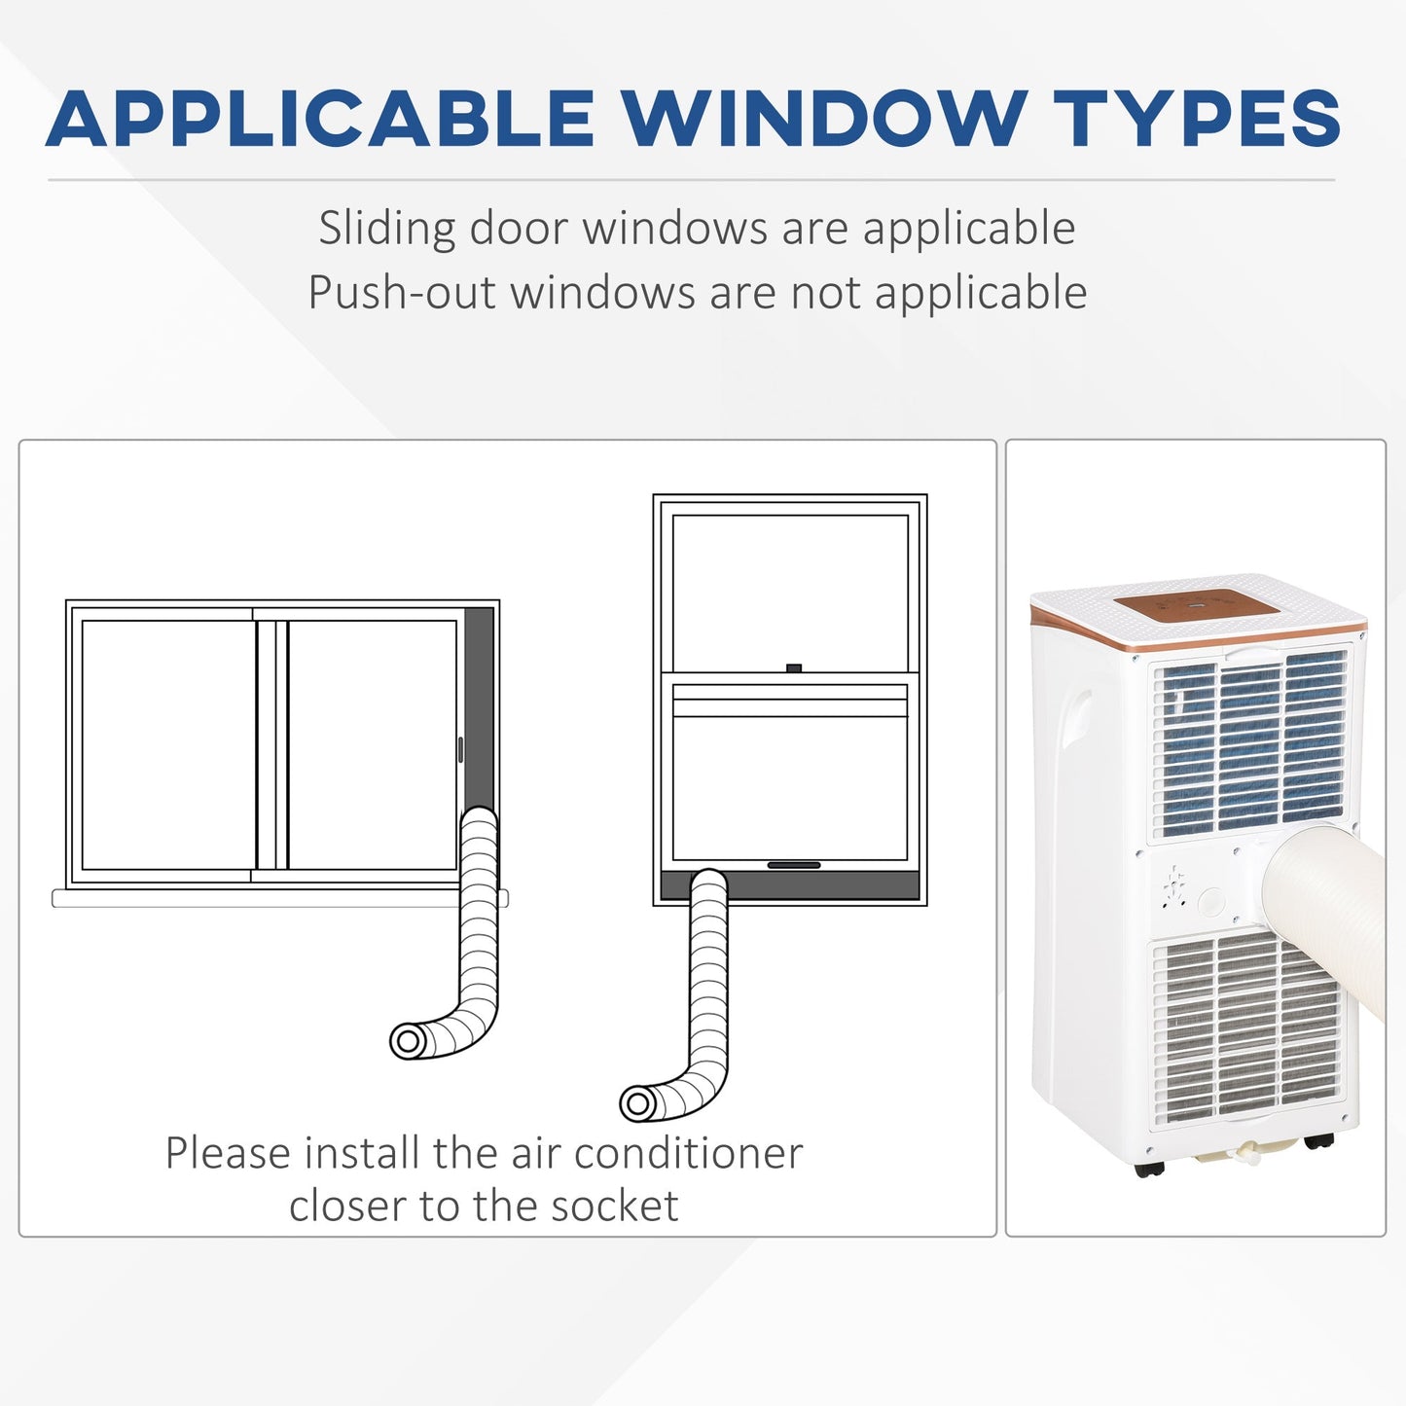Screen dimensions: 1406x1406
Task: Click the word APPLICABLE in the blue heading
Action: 320,118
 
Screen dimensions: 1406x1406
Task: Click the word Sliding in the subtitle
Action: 386,229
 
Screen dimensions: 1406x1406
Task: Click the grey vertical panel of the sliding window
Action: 480,703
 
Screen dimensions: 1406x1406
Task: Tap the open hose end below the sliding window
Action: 408,1041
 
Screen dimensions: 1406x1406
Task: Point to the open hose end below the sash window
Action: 637,1103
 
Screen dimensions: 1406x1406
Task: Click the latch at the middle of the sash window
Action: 795,667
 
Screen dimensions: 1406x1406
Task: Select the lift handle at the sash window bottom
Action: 794,865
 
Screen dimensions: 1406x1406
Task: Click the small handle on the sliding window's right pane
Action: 460,750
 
